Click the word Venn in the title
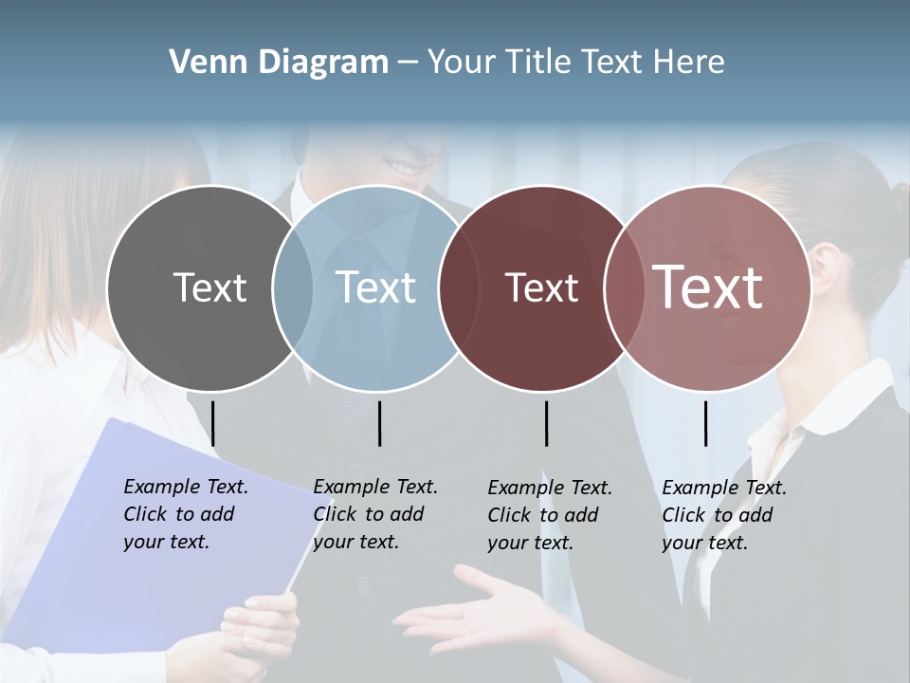(x=202, y=63)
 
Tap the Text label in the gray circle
(x=209, y=287)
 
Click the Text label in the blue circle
(x=376, y=287)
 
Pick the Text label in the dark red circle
(x=542, y=287)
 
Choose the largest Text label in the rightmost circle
(x=708, y=287)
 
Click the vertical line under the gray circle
(x=212, y=423)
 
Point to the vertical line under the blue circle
(x=379, y=423)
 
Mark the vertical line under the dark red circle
(x=546, y=423)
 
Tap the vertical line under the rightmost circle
(x=705, y=423)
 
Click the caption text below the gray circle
(x=185, y=514)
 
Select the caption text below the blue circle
(x=374, y=514)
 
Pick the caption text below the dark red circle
(x=549, y=515)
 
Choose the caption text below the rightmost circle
(x=723, y=515)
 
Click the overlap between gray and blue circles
(x=293, y=288)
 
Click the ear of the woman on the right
(x=824, y=261)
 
